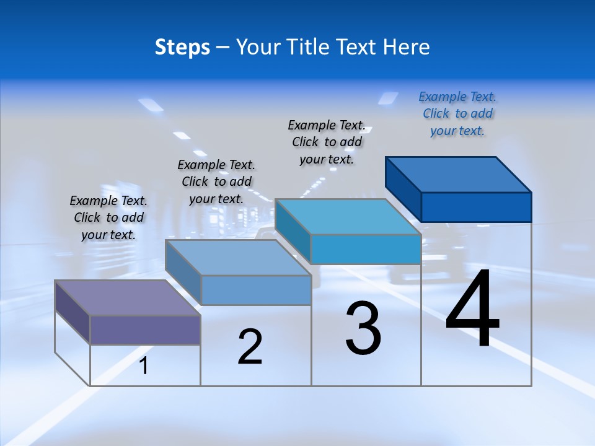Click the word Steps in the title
coord(182,47)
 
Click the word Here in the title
coord(407,47)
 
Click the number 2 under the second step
coord(250,348)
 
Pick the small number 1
coord(144,366)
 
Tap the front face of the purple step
coord(145,330)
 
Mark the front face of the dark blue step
coord(476,207)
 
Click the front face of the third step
coord(366,249)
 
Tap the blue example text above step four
coord(457,113)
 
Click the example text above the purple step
coord(108,217)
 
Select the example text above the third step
coord(327,142)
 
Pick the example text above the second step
coord(216,181)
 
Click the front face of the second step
coord(256,290)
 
